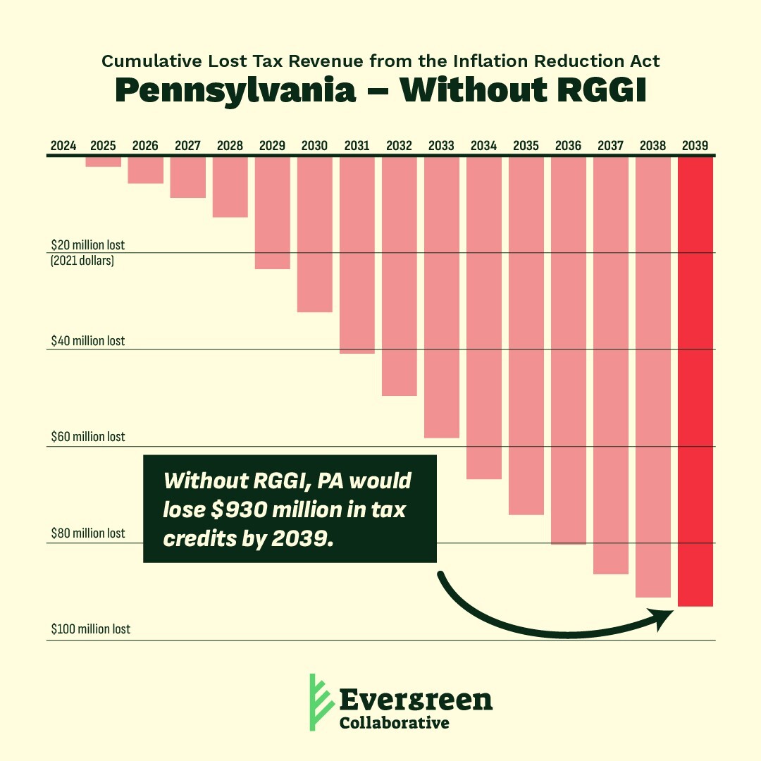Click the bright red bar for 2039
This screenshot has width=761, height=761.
coord(695,380)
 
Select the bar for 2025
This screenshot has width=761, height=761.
coord(104,161)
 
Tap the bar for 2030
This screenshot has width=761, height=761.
coord(315,234)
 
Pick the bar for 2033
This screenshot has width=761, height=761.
coord(442,297)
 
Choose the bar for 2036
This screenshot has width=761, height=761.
coord(569,350)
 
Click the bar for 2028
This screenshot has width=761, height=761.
coord(230,187)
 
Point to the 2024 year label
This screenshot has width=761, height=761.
coord(63,147)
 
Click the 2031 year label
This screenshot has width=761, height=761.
coord(357,147)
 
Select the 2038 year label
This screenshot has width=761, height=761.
coord(652,147)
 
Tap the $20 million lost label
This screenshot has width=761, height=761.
coord(87,245)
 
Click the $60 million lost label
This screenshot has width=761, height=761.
coord(87,437)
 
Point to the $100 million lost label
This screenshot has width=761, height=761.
coord(90,629)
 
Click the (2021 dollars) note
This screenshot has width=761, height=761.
coord(82,261)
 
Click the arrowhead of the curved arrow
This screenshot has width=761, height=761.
coord(665,618)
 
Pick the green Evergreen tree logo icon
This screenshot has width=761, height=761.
coord(319,701)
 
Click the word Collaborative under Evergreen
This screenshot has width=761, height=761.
coord(394,723)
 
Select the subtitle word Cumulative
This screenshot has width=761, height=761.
coord(144,61)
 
